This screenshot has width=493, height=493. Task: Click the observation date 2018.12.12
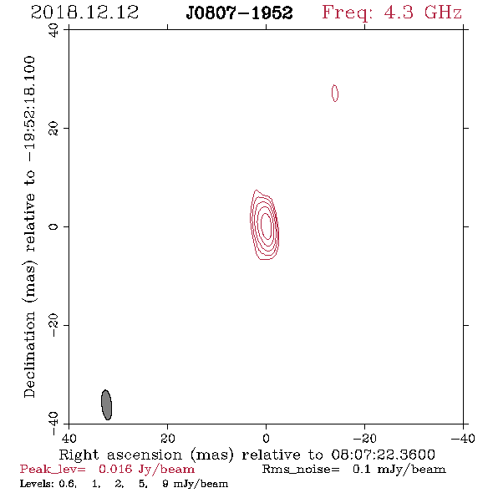point(85,13)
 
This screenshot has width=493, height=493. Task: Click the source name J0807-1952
point(239,13)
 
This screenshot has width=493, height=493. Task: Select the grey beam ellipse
point(107,404)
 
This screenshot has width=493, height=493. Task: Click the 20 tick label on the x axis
point(167,439)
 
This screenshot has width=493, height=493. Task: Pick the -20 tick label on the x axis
point(364,439)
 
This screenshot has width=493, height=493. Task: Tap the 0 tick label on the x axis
point(266,439)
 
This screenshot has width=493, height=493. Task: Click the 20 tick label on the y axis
point(53,129)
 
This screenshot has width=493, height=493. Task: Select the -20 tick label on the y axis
point(53,325)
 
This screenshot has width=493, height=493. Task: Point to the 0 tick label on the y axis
point(53,226)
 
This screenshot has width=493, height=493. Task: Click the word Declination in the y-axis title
point(29,354)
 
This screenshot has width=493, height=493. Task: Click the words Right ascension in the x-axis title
point(120,455)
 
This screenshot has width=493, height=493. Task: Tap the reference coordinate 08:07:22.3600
point(384,455)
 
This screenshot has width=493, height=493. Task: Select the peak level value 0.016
point(115,469)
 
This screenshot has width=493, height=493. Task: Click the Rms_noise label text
point(301,470)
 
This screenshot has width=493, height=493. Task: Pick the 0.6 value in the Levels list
point(68,484)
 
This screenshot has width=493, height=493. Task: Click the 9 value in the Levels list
point(165,484)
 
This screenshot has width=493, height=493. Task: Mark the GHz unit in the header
point(443,13)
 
